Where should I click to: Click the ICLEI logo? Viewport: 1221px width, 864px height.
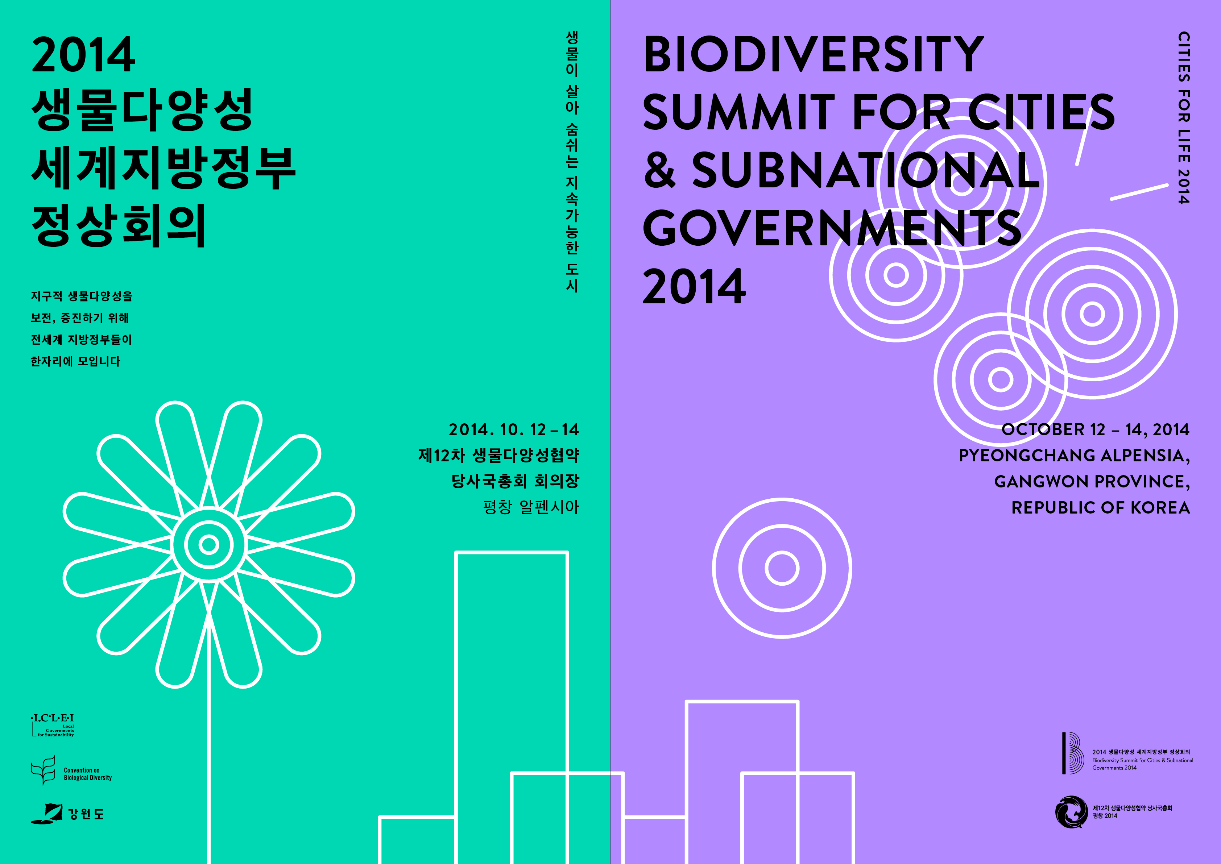(x=53, y=726)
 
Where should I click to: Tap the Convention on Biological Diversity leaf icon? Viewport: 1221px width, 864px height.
(x=43, y=770)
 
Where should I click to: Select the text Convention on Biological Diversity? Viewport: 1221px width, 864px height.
(x=88, y=774)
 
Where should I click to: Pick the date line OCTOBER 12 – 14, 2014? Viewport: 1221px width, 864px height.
(x=1096, y=429)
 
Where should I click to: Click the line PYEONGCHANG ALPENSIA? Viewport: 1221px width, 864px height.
(x=1075, y=456)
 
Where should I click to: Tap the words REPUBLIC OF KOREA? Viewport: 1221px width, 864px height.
(x=1101, y=507)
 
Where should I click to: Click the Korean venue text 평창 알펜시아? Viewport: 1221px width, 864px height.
(x=531, y=507)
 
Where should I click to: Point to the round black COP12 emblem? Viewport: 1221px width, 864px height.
(x=1072, y=812)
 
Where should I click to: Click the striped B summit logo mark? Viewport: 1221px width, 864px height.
(x=1073, y=753)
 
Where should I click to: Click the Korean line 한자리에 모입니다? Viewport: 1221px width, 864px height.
(x=75, y=361)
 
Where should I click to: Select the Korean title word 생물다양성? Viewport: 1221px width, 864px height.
(x=142, y=110)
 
